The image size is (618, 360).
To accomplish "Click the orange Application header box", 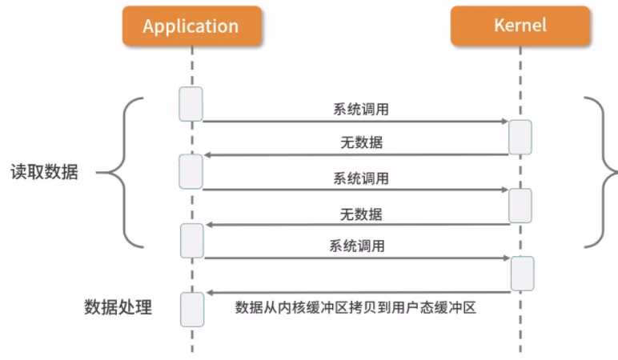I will click(191, 26).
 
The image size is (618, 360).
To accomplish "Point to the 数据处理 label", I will click(118, 307).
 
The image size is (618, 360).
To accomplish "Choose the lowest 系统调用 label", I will click(356, 246).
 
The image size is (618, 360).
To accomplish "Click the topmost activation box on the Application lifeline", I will click(191, 104).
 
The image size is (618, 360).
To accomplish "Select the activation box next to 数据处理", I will click(191, 309).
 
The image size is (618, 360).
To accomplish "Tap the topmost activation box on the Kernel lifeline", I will click(520, 137).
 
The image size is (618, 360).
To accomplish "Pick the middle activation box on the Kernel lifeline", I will click(520, 206).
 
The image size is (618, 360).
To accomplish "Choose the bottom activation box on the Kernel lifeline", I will click(521, 273).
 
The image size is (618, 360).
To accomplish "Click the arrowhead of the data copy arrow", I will click(208, 293).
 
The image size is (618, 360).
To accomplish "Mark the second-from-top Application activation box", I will click(191, 172).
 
